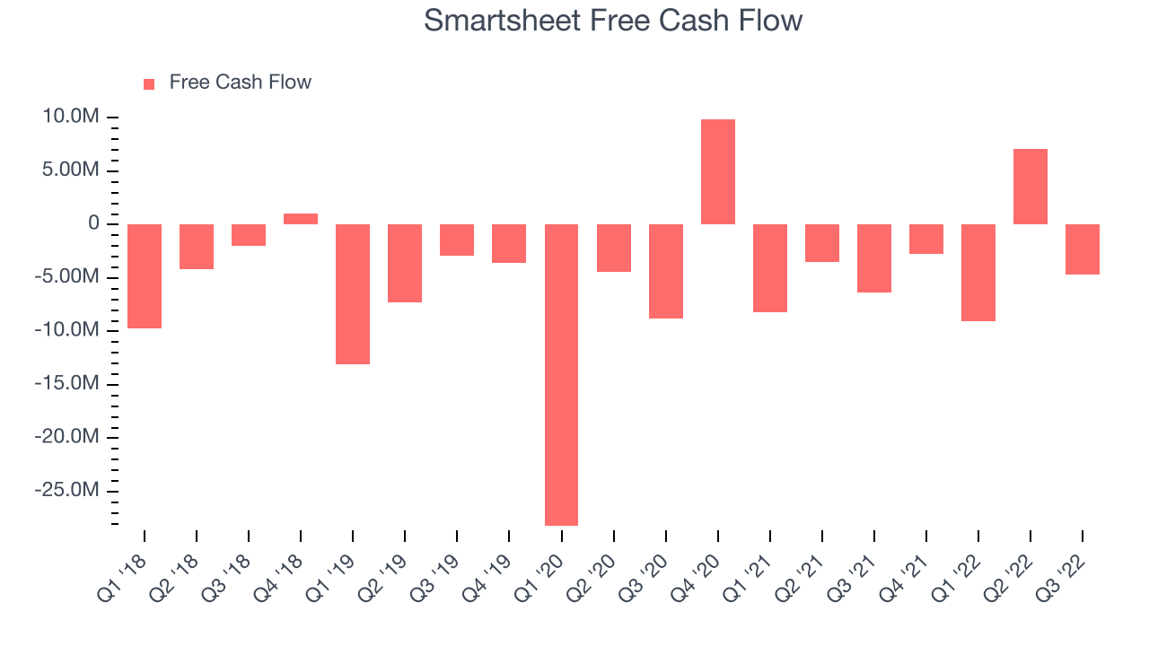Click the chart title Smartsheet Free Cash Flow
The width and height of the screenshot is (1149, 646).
click(x=613, y=21)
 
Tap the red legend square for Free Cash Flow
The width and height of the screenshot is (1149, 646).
click(x=149, y=84)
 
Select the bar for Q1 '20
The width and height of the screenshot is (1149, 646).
click(x=561, y=375)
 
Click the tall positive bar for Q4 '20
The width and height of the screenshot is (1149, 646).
click(x=718, y=171)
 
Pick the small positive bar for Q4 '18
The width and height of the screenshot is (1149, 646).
click(x=301, y=219)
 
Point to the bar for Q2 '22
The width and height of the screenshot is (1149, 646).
click(x=1031, y=187)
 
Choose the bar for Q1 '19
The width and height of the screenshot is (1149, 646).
click(x=353, y=294)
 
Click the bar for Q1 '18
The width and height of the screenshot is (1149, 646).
click(x=145, y=276)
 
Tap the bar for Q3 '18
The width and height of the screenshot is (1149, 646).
click(x=249, y=235)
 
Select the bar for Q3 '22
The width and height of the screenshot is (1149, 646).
click(x=1083, y=249)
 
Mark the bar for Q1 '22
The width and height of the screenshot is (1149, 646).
click(x=978, y=273)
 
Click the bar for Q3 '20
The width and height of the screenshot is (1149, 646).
click(x=666, y=271)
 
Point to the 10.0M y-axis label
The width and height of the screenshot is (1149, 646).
click(x=71, y=117)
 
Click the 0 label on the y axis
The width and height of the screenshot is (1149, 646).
click(x=94, y=223)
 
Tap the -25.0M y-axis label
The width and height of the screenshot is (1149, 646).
click(x=66, y=490)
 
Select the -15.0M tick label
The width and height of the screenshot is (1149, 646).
click(x=66, y=383)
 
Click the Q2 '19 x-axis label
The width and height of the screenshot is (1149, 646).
click(x=382, y=579)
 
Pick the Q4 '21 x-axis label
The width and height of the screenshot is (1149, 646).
click(x=904, y=579)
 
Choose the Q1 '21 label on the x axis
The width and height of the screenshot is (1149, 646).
click(x=748, y=579)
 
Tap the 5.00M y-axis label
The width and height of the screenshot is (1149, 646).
click(x=71, y=170)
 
